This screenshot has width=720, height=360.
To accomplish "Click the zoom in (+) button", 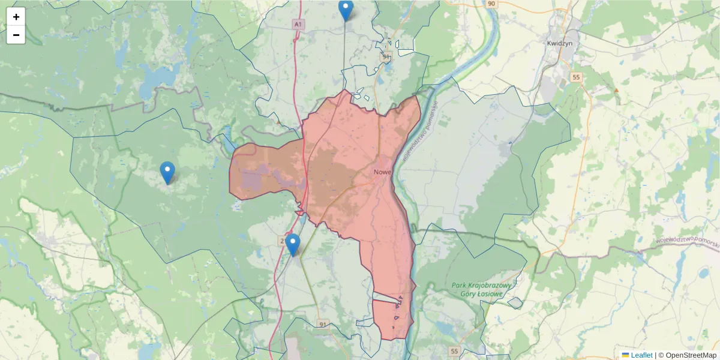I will click(x=16, y=17).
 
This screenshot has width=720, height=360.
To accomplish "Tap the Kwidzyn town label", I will click(x=560, y=43).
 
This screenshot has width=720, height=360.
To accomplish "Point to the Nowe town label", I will click(x=382, y=172).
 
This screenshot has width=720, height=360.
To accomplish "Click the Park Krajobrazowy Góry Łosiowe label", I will click(x=481, y=289).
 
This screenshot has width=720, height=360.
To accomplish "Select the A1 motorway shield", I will click(x=298, y=24).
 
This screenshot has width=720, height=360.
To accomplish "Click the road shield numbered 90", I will click(x=491, y=4).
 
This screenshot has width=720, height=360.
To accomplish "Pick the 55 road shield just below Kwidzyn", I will click(x=577, y=77).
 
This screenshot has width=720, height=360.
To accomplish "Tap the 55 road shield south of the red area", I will click(x=454, y=351).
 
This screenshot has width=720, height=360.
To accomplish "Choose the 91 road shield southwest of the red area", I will click(x=323, y=325).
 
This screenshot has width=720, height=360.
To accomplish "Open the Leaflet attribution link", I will click(x=641, y=355).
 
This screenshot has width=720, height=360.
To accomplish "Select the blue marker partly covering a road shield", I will click(x=293, y=244).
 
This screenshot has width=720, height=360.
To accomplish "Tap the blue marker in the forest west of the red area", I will click(x=168, y=172).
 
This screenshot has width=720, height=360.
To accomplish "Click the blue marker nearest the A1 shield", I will click(x=346, y=10).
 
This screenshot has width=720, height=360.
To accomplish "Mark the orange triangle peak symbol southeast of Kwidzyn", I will click(x=616, y=90).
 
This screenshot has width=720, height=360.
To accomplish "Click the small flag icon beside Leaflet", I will click(x=625, y=355).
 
